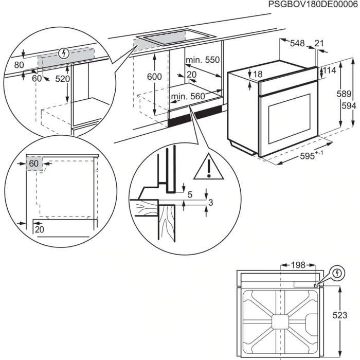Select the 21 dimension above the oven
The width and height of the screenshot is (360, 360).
coord(319,44)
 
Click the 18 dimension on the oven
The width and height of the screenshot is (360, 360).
coord(258,75)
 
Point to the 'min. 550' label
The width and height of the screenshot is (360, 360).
coord(203,60)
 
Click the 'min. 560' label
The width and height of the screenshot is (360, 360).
coord(188,96)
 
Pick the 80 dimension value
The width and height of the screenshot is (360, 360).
coord(19,65)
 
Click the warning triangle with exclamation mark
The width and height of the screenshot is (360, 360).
coord(208,166)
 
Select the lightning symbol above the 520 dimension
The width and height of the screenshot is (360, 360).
coord(64,52)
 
